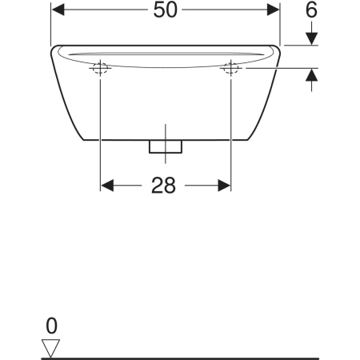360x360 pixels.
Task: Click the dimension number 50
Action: coord(165,10)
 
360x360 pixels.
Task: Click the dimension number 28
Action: coord(163,186)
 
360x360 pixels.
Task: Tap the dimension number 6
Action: coord(311,10)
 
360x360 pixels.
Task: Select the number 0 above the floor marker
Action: coord(51,326)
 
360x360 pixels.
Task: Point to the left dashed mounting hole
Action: coord(100,68)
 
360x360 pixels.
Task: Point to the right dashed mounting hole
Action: coord(231,68)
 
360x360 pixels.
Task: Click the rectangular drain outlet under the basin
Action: coord(166,146)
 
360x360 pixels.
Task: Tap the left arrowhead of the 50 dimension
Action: coord(58,10)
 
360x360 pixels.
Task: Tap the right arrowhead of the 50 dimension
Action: coord(273,10)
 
